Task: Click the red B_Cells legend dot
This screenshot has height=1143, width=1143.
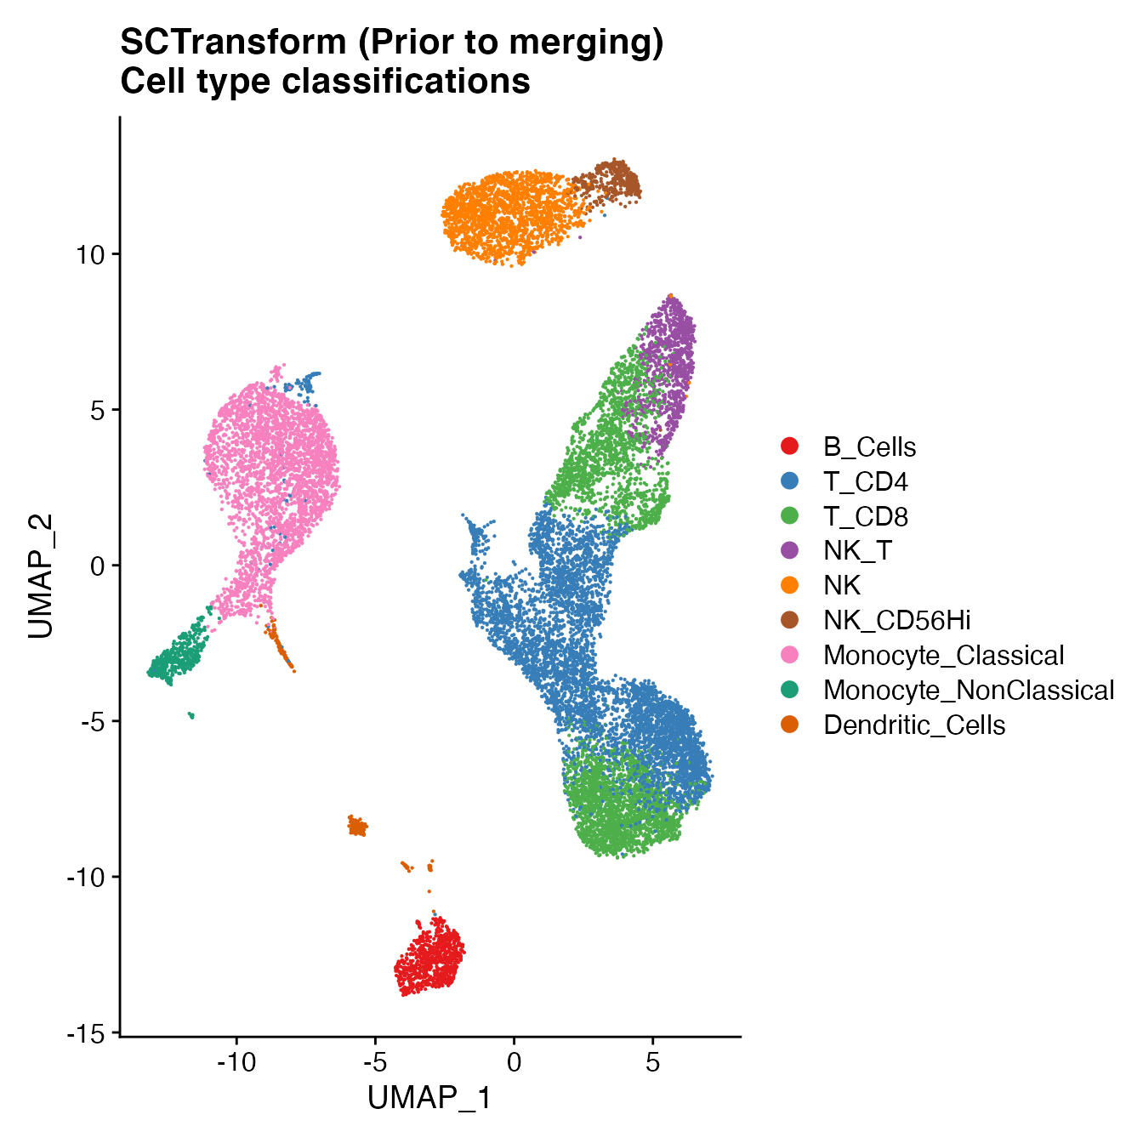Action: [x=790, y=446]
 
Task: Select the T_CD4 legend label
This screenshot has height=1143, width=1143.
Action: [x=865, y=482]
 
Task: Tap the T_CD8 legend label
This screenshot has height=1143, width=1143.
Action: [x=866, y=517]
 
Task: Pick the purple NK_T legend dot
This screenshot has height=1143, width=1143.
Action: [x=790, y=551]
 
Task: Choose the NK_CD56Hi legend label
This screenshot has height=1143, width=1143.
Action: [x=896, y=621]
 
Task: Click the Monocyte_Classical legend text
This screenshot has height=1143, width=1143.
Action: [x=943, y=656]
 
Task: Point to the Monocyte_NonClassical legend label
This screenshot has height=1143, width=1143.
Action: [x=968, y=691]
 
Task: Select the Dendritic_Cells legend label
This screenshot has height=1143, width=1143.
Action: [x=914, y=725]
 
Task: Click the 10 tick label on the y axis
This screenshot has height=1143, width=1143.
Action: [x=89, y=254]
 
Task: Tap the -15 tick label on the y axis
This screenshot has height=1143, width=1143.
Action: [x=86, y=1033]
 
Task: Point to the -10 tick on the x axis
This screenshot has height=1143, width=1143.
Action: [x=236, y=1063]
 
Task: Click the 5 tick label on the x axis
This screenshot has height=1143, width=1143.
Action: [x=652, y=1063]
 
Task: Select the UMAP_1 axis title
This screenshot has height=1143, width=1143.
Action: [x=429, y=1099]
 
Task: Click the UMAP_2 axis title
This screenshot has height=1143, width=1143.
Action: [x=41, y=576]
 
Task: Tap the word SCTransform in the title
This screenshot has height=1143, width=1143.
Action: [x=233, y=43]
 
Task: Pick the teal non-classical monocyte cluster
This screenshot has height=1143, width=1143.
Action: [x=177, y=656]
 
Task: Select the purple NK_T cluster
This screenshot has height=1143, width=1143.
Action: [x=669, y=366]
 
